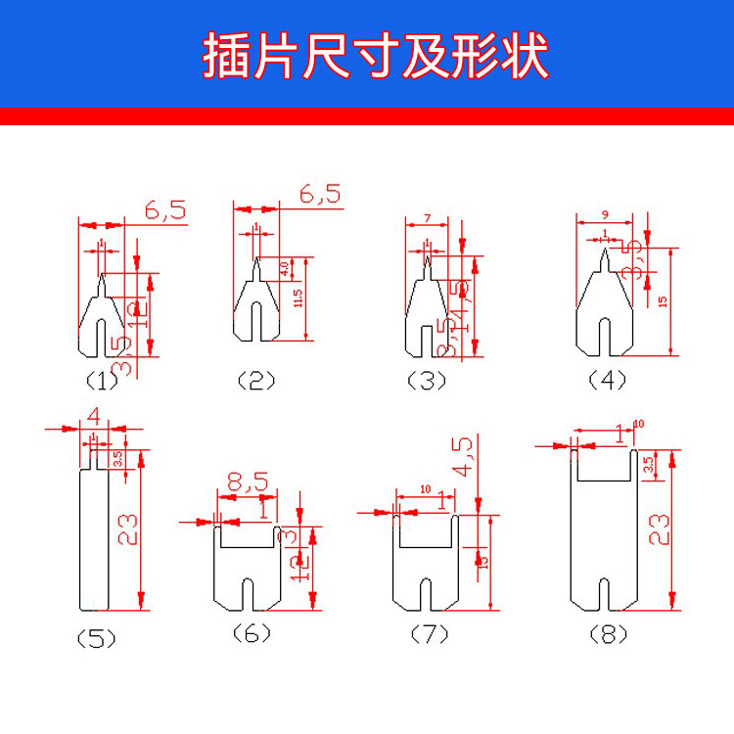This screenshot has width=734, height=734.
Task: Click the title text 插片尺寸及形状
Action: click(375, 56)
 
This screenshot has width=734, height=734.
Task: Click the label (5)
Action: click(96, 639)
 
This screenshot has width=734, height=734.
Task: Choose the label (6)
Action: click(252, 634)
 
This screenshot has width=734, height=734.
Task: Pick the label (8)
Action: click(608, 634)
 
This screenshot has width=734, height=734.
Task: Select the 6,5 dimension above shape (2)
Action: click(320, 194)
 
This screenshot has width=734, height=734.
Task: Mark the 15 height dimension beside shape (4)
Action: click(663, 301)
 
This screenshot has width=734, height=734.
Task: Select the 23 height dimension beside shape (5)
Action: click(128, 528)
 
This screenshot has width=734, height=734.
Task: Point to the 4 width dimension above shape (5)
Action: click(94, 416)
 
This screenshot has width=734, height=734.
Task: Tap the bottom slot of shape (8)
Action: click(605, 592)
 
